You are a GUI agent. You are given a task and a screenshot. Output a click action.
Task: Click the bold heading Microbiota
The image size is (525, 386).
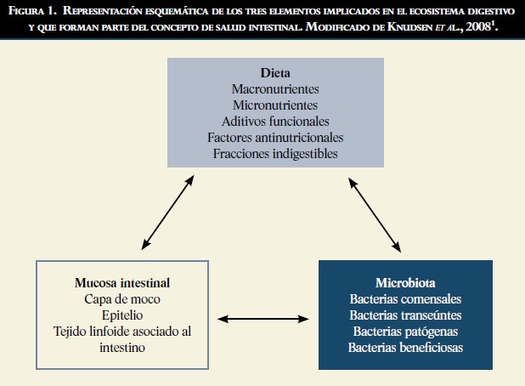pyautogui.click(x=405, y=282)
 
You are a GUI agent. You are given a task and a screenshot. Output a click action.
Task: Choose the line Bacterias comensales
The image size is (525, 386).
pyautogui.click(x=405, y=298)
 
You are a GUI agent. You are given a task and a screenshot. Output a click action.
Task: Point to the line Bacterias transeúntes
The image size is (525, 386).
pyautogui.click(x=405, y=315)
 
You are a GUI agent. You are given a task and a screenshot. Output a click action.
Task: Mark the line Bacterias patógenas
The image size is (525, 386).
pyautogui.click(x=405, y=331)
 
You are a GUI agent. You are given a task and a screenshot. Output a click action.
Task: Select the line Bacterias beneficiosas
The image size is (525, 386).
pyautogui.click(x=405, y=347)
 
